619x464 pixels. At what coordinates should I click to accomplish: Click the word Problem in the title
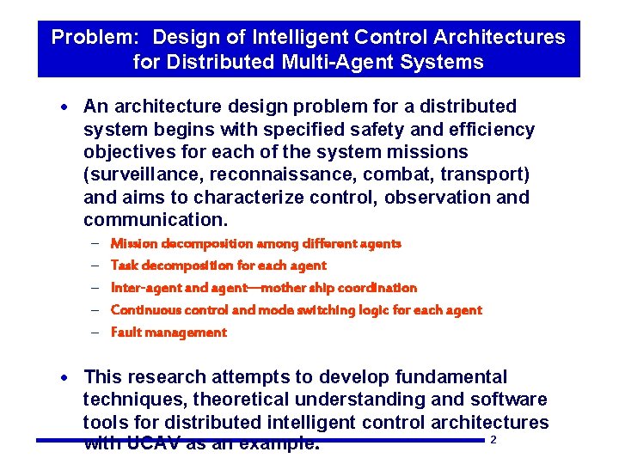[x=87, y=38]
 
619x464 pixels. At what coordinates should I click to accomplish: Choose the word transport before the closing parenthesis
[x=482, y=174]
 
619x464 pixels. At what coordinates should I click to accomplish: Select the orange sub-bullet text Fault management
[x=169, y=333]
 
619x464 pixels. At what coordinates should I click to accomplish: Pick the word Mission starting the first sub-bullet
[x=134, y=243]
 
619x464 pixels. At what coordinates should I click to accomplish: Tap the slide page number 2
[x=493, y=441]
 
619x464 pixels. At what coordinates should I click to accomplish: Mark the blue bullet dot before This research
[x=68, y=378]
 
